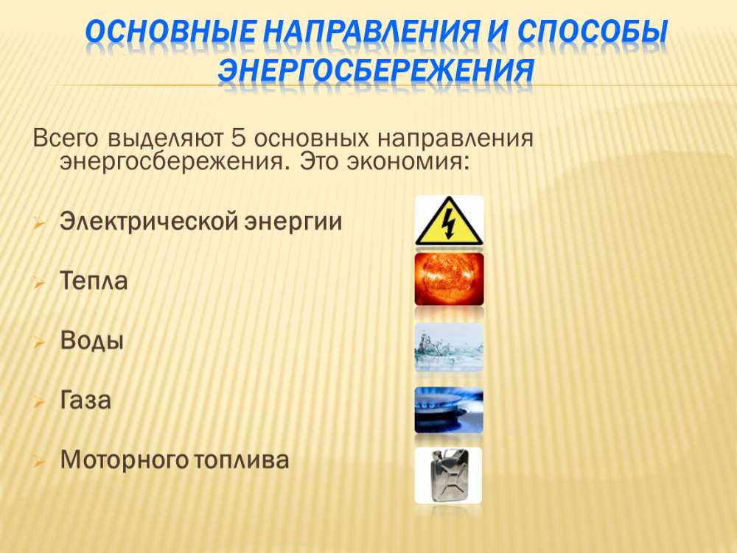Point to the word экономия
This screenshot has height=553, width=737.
pyautogui.click(x=408, y=162)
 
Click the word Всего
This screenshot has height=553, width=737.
pyautogui.click(x=66, y=139)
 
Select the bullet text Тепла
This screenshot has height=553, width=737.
pyautogui.click(x=94, y=281)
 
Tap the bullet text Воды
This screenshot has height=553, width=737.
pyautogui.click(x=91, y=341)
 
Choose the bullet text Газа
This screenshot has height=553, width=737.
pyautogui.click(x=85, y=401)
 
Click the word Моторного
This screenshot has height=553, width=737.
pyautogui.click(x=124, y=460)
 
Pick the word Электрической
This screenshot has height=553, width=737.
pyautogui.click(x=150, y=222)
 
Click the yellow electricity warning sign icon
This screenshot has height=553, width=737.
pyautogui.click(x=449, y=221)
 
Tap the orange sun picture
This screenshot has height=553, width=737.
pyautogui.click(x=449, y=280)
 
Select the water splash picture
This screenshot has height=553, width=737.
pyautogui.click(x=449, y=347)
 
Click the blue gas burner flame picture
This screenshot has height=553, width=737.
pyautogui.click(x=449, y=410)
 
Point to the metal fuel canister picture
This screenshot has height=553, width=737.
pyautogui.click(x=448, y=475)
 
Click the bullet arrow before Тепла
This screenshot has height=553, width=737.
pyautogui.click(x=39, y=283)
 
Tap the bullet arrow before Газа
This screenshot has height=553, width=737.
pyautogui.click(x=39, y=402)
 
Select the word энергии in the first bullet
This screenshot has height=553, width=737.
pyautogui.click(x=293, y=222)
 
